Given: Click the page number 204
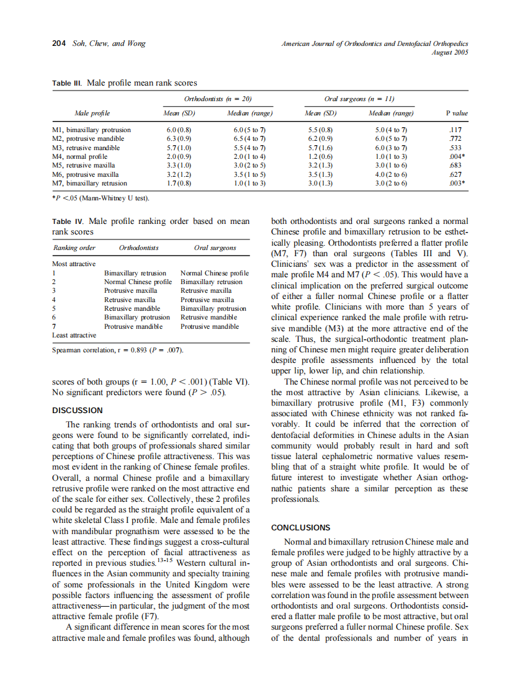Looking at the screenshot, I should [x=58, y=44].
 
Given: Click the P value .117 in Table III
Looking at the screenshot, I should [x=457, y=130].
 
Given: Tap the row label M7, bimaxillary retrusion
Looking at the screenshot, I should [x=89, y=184].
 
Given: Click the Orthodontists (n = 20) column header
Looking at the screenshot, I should [x=218, y=99].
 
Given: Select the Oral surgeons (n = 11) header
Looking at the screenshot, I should [x=360, y=99].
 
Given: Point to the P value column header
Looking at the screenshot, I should [x=457, y=114].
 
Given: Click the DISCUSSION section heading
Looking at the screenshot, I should [x=78, y=411].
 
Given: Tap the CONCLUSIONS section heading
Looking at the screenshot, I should [x=301, y=528].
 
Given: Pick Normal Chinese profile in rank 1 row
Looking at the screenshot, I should [x=214, y=273].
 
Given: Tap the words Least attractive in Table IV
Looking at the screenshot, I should [x=74, y=335].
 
